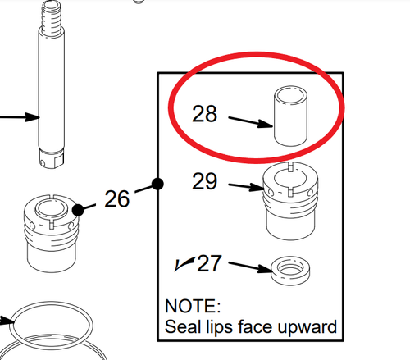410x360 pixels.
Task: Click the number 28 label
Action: [x=204, y=113]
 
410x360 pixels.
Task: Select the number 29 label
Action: [x=204, y=180]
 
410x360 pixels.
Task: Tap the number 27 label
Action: [x=210, y=263]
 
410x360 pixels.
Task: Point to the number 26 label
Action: [x=117, y=198]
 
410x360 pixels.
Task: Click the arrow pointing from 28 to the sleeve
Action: [x=249, y=121]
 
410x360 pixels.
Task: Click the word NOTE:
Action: [x=194, y=307]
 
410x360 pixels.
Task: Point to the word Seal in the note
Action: [x=183, y=327]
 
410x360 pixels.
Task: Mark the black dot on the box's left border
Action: [x=158, y=183]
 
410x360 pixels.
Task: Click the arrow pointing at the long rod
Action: [x=20, y=116]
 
